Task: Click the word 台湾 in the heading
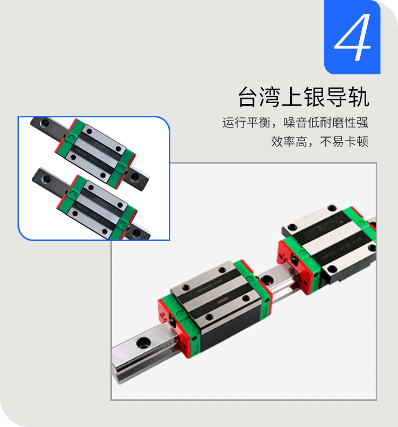[254, 98]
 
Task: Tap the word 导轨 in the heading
[352, 98]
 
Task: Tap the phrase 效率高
[287, 142]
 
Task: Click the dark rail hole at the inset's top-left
[44, 123]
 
